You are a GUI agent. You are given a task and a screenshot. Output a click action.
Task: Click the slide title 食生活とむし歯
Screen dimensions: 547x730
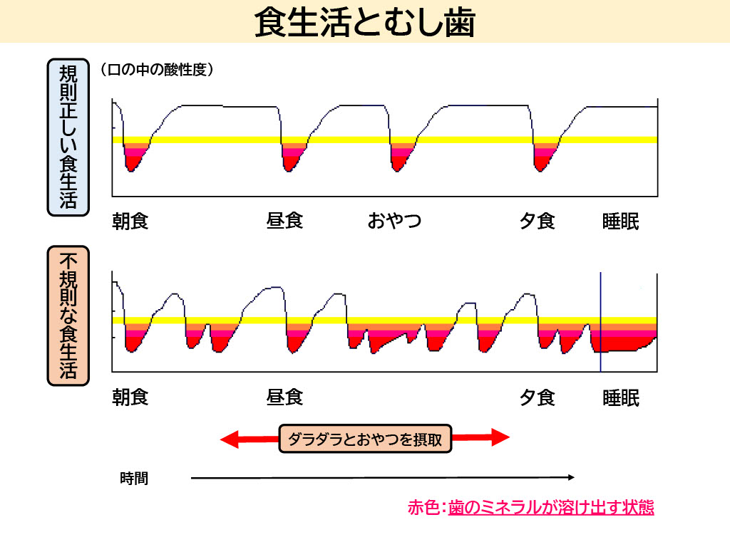[364, 22]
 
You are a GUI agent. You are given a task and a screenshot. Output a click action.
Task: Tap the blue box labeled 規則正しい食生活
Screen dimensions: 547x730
[68, 137]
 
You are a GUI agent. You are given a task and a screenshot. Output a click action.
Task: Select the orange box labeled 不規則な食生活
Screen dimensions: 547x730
[68, 316]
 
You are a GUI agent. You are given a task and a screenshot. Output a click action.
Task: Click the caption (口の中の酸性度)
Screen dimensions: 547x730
[157, 70]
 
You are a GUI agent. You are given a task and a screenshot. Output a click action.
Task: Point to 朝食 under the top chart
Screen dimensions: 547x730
[130, 222]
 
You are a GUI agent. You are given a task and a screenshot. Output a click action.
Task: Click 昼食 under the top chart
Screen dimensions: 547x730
[284, 222]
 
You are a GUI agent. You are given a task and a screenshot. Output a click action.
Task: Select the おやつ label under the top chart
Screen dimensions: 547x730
[394, 222]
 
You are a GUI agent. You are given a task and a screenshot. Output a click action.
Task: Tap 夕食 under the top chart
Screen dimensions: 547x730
[537, 222]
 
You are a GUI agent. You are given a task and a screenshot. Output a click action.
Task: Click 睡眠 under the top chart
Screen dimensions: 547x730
[621, 222]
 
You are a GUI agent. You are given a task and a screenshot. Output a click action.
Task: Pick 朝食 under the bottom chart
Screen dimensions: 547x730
[130, 397]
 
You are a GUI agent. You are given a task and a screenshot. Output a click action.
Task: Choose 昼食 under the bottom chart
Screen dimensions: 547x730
[284, 397]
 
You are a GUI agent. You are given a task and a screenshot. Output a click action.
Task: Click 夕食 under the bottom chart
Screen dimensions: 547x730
[537, 397]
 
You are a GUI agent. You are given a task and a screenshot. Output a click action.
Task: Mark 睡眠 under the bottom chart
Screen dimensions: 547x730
[621, 397]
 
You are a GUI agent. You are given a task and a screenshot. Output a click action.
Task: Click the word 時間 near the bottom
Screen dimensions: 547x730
[134, 479]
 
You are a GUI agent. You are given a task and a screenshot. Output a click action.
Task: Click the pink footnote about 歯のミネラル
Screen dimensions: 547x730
[530, 508]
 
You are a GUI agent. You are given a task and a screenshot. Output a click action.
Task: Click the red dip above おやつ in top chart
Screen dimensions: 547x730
[399, 160]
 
